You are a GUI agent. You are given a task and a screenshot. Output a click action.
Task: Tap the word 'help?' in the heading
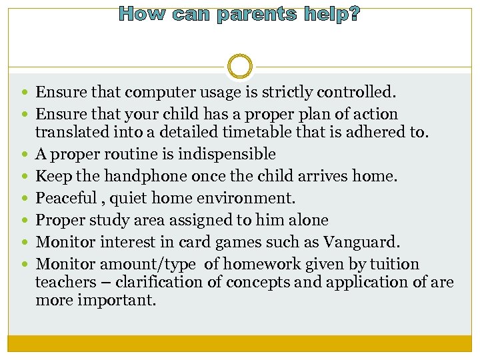331,14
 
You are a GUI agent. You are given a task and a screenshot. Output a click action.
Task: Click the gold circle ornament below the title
240,67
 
